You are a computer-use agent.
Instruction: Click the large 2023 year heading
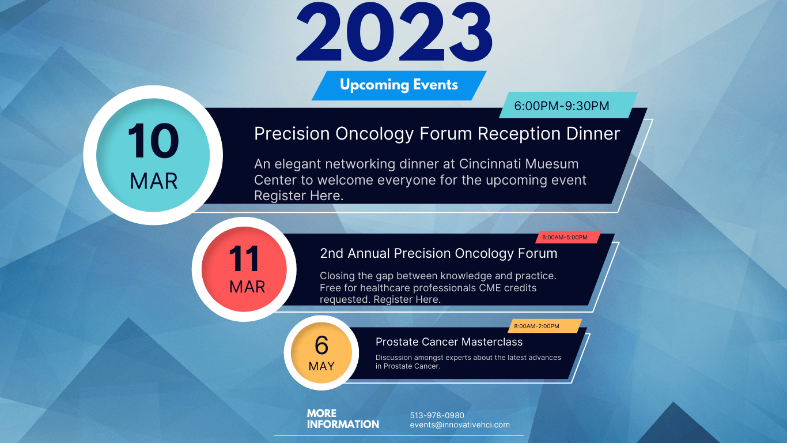tap(394, 32)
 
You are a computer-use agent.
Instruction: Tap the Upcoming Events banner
tap(399, 85)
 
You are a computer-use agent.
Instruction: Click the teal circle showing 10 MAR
tap(153, 155)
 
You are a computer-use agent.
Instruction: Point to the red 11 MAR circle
tap(244, 269)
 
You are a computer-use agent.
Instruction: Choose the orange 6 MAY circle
tap(321, 352)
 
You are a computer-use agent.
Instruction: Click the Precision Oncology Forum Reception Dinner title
tap(437, 134)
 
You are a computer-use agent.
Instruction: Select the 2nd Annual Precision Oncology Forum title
tap(438, 253)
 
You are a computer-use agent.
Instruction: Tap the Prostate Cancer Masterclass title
tap(449, 341)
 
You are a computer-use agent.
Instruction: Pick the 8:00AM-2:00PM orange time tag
tap(544, 326)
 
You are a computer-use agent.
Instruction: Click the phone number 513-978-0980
tap(437, 415)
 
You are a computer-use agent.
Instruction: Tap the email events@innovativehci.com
tap(460, 425)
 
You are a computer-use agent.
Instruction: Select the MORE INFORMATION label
tap(343, 419)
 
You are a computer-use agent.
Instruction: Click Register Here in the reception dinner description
tap(298, 196)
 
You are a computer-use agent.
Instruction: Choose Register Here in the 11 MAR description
tap(407, 299)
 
